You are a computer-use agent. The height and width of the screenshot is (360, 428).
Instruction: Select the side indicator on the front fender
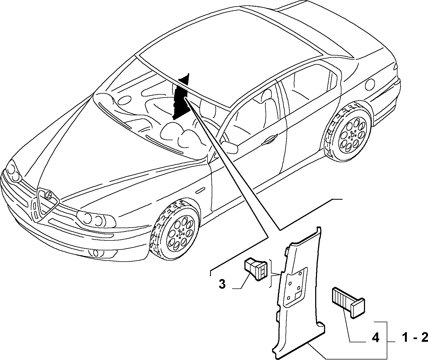(x=201, y=191)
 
